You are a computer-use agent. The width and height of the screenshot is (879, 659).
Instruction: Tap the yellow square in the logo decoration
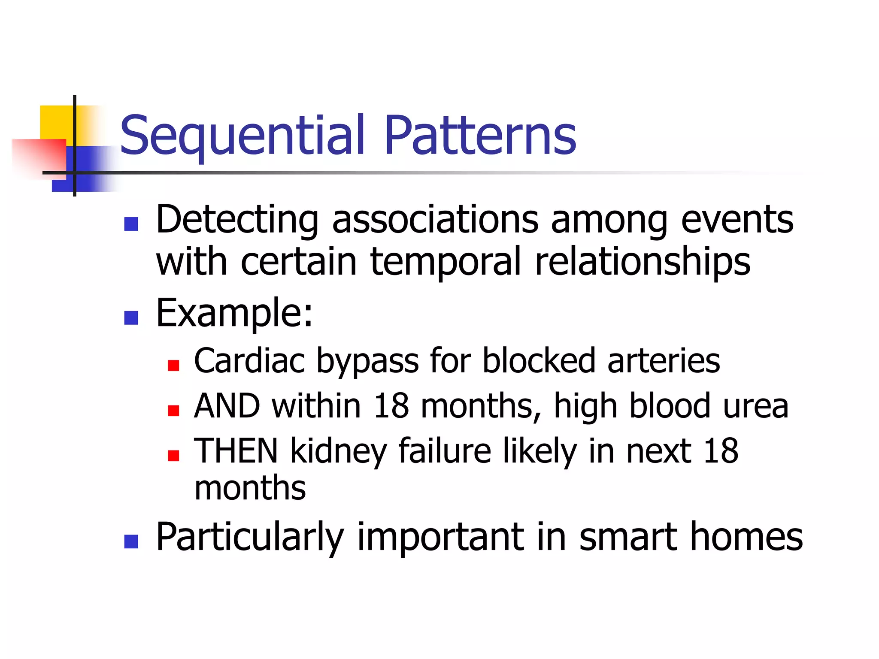point(56,122)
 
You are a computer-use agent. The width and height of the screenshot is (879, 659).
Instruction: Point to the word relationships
point(643,263)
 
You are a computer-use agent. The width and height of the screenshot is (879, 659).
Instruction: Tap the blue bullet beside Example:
point(131,318)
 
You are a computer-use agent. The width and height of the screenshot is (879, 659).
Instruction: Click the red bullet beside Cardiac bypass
point(173,366)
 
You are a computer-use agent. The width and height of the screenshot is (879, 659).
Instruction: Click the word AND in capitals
point(227,406)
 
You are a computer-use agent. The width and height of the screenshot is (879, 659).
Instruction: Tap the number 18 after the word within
point(391,406)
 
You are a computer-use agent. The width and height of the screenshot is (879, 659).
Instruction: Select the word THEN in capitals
point(236,451)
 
